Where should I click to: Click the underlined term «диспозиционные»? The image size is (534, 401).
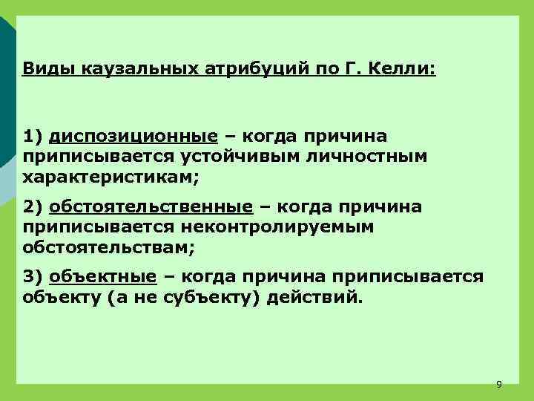click(x=133, y=137)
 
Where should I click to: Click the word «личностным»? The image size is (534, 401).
click(x=369, y=157)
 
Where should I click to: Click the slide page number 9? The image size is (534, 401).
click(x=498, y=384)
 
